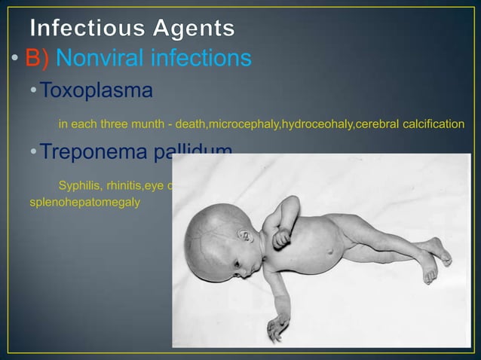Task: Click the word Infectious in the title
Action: (x=83, y=29)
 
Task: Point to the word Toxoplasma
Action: (x=96, y=91)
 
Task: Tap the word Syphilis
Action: (x=79, y=185)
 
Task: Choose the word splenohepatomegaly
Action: (x=84, y=202)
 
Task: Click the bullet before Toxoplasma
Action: (x=33, y=92)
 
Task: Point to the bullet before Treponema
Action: (x=33, y=153)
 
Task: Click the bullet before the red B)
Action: (x=14, y=59)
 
